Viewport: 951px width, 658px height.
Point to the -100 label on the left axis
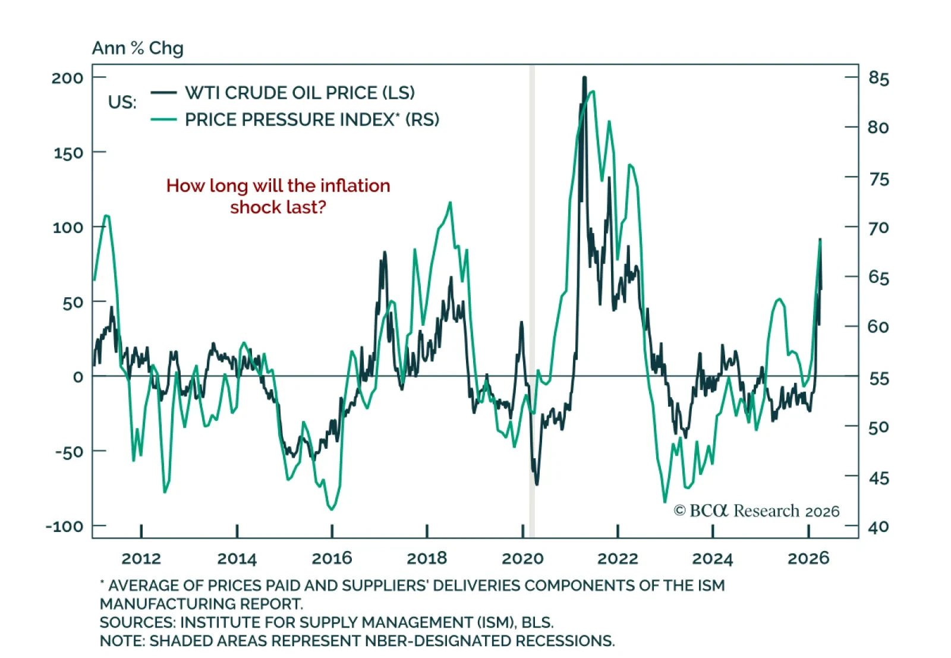click(x=65, y=527)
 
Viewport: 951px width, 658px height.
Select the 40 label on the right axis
click(x=878, y=527)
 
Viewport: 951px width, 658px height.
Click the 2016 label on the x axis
click(x=332, y=559)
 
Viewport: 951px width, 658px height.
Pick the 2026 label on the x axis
click(x=808, y=559)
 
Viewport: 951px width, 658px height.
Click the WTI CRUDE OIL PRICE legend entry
click(x=300, y=93)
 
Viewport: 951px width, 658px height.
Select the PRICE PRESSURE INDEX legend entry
click(x=311, y=119)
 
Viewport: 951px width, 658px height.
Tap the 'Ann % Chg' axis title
click(x=137, y=48)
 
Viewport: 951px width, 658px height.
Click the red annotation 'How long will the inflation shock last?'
click(x=278, y=196)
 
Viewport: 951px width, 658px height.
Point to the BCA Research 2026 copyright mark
click(x=757, y=511)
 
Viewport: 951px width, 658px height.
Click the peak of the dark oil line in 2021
click(x=584, y=78)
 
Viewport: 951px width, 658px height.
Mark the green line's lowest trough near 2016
click(x=332, y=509)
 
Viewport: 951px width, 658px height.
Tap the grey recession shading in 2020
click(x=532, y=297)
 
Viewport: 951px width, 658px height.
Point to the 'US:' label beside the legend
click(x=122, y=102)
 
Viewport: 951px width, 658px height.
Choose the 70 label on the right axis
click(x=878, y=228)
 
